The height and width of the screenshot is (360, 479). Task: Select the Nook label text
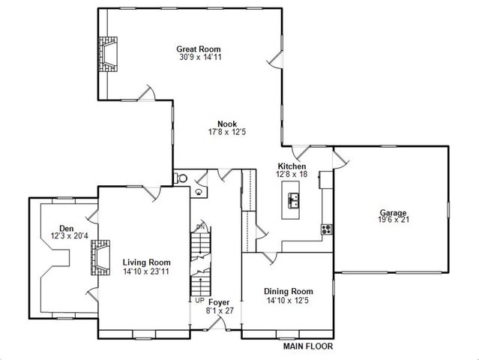[x=227, y=124]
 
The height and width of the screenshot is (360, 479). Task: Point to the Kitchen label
[x=292, y=166]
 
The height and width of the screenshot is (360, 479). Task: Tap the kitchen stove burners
[x=327, y=229]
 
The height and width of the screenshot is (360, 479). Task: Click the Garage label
[x=393, y=212]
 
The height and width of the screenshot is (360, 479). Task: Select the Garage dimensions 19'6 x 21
[x=393, y=220]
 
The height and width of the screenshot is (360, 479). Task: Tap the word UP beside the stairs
[x=199, y=301]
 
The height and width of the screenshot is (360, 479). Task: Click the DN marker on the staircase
[x=200, y=226]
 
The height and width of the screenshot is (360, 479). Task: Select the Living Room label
[x=147, y=262]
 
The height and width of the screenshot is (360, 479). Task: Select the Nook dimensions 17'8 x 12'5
[x=227, y=132]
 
